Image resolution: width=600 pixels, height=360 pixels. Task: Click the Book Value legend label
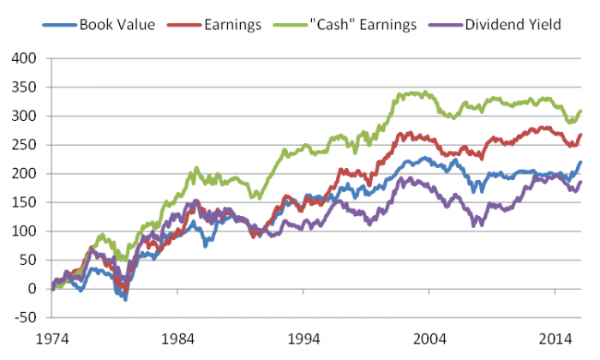click(117, 24)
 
